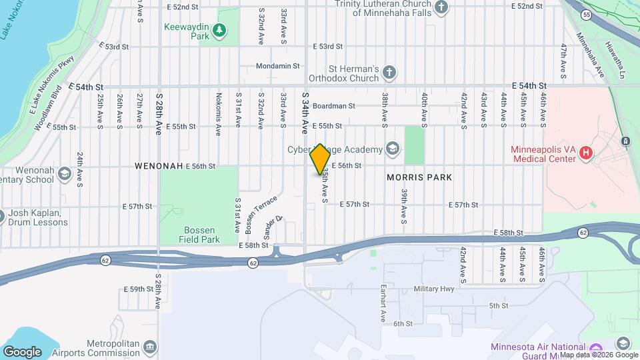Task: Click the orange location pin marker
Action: point(320,159)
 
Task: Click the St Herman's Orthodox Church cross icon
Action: point(389,72)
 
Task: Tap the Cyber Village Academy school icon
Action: point(393,149)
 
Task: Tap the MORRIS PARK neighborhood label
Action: point(419,177)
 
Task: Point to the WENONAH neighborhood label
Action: point(158,165)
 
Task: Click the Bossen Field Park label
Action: point(201,234)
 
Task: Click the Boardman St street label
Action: point(333,106)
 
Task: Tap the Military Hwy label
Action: point(433,289)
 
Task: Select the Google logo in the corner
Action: point(22,351)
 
